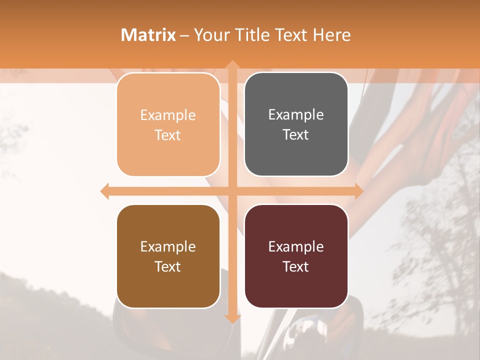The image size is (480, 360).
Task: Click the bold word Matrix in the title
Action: [x=148, y=35]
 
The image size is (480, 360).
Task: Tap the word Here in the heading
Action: [x=331, y=35]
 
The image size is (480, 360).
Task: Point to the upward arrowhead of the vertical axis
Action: [x=232, y=65]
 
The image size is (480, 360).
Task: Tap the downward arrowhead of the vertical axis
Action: [x=232, y=318]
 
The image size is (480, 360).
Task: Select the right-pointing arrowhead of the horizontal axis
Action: [x=358, y=191]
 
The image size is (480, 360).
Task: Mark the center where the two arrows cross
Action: [x=232, y=191]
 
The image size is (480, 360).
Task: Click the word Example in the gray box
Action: [x=296, y=115]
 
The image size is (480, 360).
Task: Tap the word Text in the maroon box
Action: [x=296, y=266]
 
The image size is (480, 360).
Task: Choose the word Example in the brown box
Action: [x=168, y=247]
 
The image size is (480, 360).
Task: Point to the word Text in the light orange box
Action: [x=168, y=135]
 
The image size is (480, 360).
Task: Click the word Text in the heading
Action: [x=290, y=35]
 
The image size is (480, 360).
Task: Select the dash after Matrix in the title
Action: [x=184, y=35]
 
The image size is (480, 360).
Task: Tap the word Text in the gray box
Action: [x=296, y=134]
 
